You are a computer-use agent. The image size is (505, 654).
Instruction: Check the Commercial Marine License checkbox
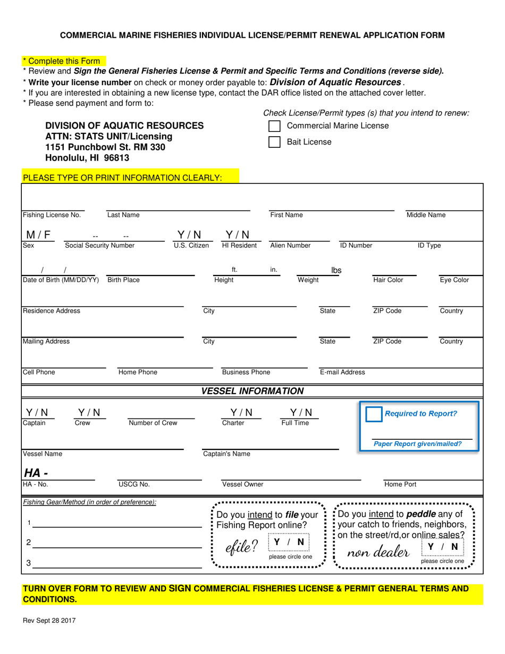pos(274,126)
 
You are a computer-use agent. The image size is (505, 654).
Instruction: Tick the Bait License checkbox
pos(274,142)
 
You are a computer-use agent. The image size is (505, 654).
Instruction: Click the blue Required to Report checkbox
pos(374,414)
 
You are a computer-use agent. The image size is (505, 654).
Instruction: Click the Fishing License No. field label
pos(52,215)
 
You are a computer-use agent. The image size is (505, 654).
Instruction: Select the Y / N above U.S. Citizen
pos(189,234)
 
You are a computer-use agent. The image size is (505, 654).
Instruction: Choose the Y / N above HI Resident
pos(238,234)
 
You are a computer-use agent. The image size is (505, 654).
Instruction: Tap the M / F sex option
pos(39,234)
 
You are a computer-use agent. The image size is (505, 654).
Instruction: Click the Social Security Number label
pos(99,246)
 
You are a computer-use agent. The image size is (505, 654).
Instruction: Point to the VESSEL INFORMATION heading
pos(252,391)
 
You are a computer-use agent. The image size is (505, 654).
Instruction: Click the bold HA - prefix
pos(33,473)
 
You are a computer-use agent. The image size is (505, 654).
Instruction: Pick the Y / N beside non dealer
pos(442,547)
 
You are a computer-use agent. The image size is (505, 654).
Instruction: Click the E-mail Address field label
pos(342,372)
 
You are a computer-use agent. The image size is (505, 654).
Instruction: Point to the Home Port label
pos(400,484)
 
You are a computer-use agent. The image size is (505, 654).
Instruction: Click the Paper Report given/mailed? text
pos(418,443)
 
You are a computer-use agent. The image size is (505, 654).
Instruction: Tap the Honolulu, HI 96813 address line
pos(87,158)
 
